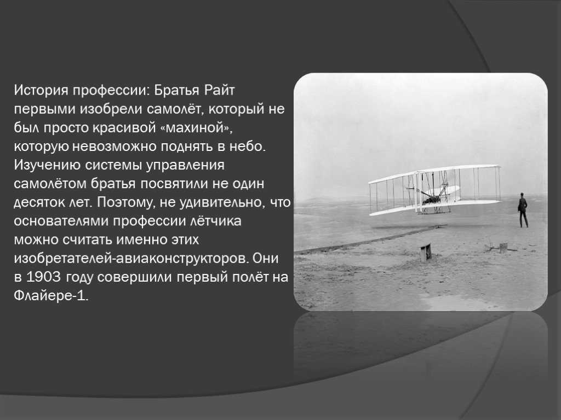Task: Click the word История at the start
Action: point(41,90)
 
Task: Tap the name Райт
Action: point(219,90)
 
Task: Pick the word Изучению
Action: point(47,165)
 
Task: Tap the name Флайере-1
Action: point(51,296)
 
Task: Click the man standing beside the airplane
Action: point(523,210)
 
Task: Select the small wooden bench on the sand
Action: point(426,253)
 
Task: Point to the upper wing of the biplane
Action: point(434,173)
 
